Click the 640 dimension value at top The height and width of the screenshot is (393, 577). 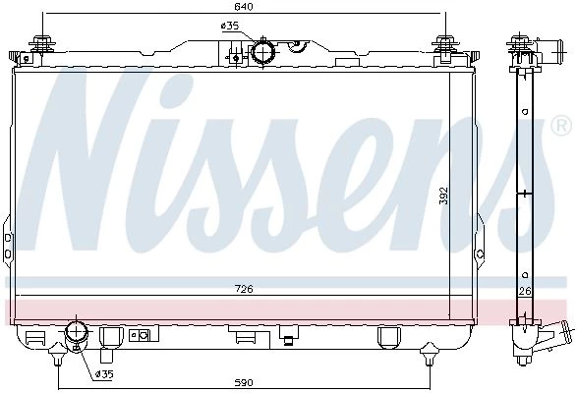[x=244, y=7]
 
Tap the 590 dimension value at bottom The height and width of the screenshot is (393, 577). [x=244, y=383]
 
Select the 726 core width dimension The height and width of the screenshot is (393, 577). [x=244, y=289]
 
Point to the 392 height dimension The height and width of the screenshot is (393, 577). [x=444, y=196]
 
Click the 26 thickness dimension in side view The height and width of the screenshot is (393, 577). [x=525, y=291]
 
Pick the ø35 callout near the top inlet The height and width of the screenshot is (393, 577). [x=230, y=26]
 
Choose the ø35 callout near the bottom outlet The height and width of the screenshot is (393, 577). [x=104, y=374]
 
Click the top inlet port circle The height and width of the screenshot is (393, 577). [x=263, y=53]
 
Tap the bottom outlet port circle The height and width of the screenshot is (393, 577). [x=76, y=331]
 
